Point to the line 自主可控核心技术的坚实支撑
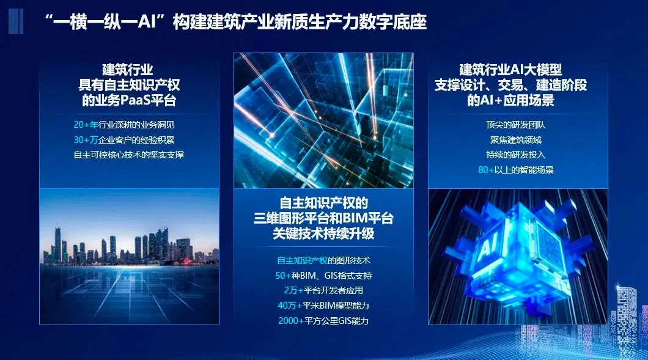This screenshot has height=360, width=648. point(128,155)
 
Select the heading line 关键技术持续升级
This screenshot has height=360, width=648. point(323,233)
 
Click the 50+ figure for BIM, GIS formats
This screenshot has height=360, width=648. point(284,276)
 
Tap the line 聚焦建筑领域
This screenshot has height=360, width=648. point(516,139)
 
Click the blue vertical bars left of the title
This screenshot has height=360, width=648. point(17,21)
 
